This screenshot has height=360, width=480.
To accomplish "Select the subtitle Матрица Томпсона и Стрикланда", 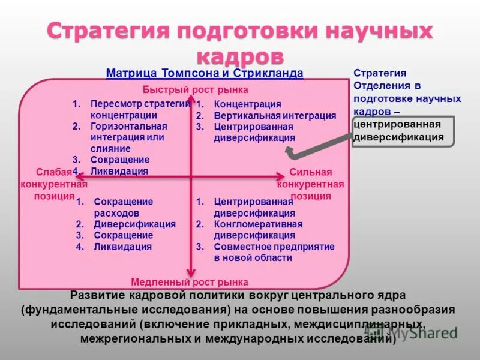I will click(x=204, y=73).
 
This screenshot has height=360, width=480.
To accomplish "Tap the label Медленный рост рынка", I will click(x=189, y=282).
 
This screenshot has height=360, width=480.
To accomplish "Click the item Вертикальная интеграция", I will click(x=275, y=116).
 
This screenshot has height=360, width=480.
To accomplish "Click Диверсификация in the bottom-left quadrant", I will click(x=134, y=224).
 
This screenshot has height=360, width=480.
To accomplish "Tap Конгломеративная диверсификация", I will click(x=258, y=229).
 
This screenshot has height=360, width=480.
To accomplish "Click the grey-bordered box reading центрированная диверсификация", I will click(x=403, y=131).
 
